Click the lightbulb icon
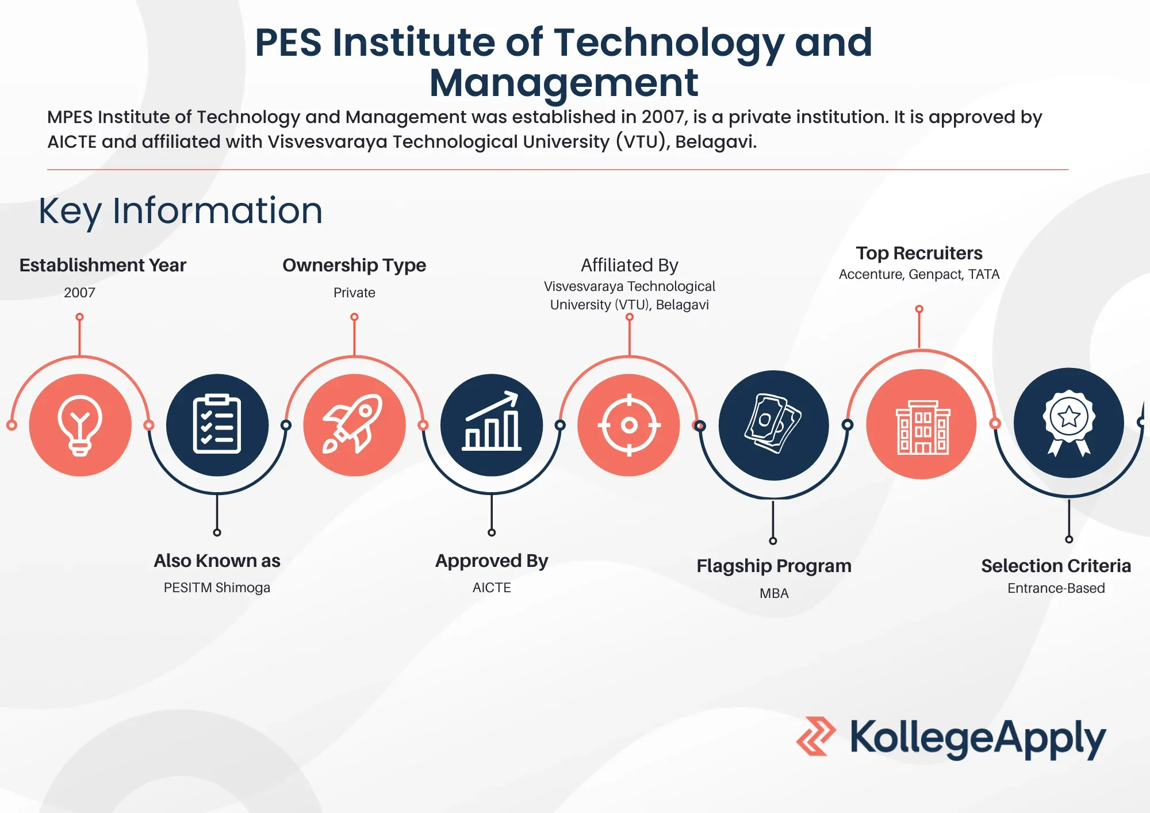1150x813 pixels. [80, 425]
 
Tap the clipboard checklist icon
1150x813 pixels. [217, 424]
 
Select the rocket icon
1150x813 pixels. [353, 424]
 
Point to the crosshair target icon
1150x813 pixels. [629, 425]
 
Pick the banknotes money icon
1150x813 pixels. [773, 424]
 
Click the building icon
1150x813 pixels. [922, 427]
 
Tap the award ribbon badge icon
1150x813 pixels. [1069, 423]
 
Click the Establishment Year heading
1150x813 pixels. [103, 265]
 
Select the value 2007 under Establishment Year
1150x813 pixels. [79, 293]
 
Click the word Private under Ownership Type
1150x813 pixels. [354, 293]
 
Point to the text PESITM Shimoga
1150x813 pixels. [217, 588]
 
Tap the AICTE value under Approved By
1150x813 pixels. [492, 588]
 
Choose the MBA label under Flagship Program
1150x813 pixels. [774, 593]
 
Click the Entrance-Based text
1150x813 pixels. [1056, 588]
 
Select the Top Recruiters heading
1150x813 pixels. [919, 253]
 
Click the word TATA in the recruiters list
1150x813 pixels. [984, 274]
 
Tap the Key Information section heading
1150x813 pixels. [181, 210]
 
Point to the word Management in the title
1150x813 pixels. [563, 83]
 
